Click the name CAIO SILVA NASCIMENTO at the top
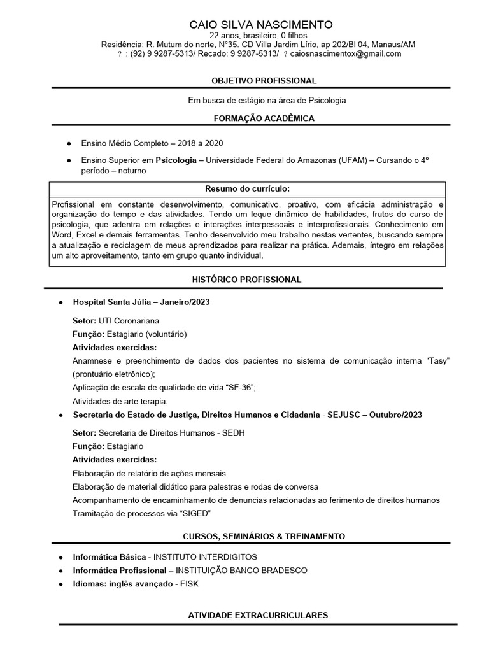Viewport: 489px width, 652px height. pyautogui.click(x=261, y=25)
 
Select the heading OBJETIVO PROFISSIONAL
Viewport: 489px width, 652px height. pyautogui.click(x=264, y=81)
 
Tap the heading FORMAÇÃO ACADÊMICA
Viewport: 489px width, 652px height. pyautogui.click(x=264, y=118)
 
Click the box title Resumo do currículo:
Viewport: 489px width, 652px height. pyautogui.click(x=247, y=189)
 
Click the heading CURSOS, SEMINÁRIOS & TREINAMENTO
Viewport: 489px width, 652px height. pyautogui.click(x=264, y=536)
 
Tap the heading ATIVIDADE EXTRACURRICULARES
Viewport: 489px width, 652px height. pyautogui.click(x=259, y=615)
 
